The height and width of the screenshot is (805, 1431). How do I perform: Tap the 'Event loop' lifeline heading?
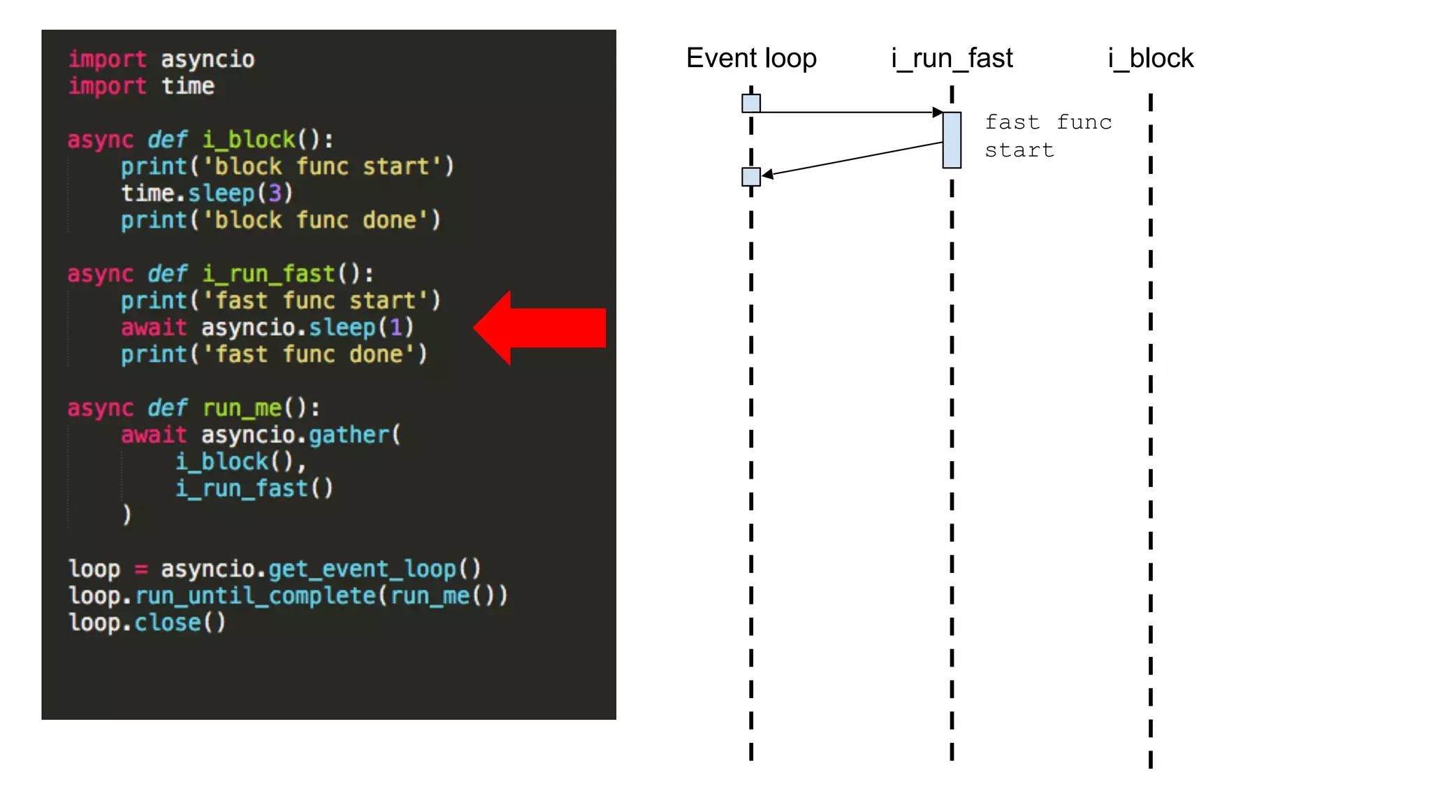click(751, 58)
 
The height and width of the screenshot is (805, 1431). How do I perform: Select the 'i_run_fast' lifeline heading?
click(952, 58)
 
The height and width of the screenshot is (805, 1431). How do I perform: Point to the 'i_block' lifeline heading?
click(1151, 58)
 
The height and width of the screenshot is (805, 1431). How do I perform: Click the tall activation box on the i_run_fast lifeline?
click(952, 140)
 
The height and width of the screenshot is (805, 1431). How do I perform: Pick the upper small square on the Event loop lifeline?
click(751, 103)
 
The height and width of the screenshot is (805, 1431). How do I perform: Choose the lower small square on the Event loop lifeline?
click(751, 177)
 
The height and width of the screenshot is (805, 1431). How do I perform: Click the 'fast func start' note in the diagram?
click(1047, 136)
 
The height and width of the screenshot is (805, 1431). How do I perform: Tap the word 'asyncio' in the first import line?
click(208, 59)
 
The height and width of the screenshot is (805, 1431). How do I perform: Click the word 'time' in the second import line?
click(188, 86)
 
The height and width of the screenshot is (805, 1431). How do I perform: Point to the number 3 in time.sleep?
click(275, 193)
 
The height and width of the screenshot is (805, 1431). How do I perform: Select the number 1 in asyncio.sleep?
click(396, 327)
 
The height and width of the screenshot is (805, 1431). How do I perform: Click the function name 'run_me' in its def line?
click(242, 407)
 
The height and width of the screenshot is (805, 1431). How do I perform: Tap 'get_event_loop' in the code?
click(363, 569)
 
